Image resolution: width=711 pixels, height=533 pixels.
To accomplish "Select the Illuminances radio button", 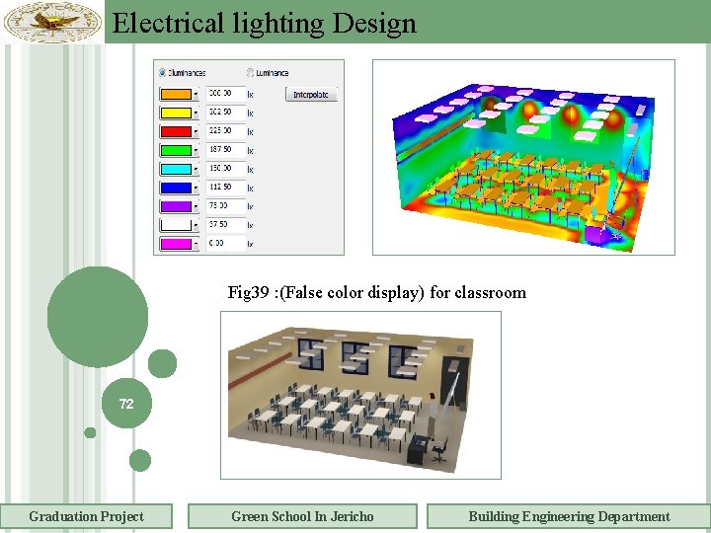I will [162, 73].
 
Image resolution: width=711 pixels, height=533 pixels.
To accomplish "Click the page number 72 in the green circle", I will [126, 404].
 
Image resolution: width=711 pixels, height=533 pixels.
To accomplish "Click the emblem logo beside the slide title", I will [51, 22].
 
